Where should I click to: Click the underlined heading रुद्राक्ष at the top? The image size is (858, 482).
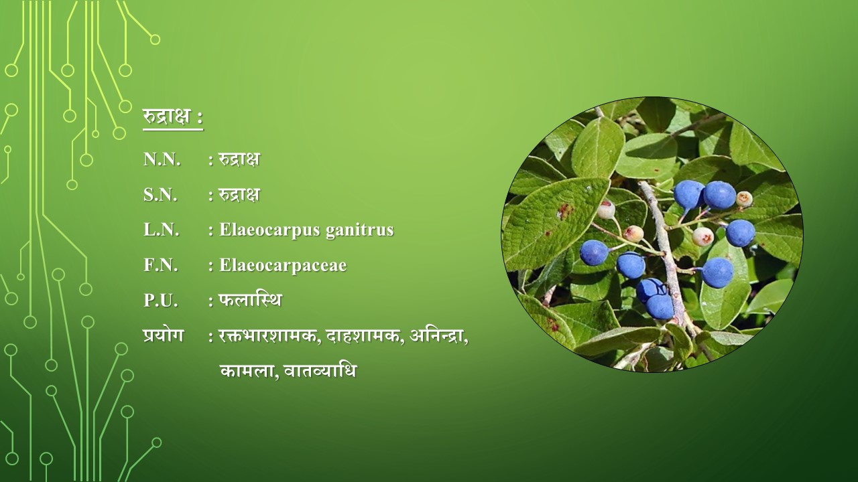tap(167, 116)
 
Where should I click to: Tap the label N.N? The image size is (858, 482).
tap(162, 159)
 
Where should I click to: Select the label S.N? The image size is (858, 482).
tap(160, 195)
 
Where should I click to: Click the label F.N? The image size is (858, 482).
tap(161, 265)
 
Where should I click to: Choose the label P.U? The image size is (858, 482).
tap(161, 301)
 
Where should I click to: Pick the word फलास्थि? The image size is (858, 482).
tap(250, 300)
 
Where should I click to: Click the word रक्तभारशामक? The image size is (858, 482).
tap(269, 337)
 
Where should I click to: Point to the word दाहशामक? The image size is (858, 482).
tap(365, 337)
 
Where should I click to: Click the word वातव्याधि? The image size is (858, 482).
tap(320, 371)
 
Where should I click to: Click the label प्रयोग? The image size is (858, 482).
tap(164, 335)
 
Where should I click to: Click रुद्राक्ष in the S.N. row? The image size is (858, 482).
tap(239, 194)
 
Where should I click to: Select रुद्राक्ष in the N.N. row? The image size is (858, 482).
tap(239, 159)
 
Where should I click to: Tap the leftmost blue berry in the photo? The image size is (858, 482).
tap(594, 253)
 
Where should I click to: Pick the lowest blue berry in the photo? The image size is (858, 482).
tap(660, 307)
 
